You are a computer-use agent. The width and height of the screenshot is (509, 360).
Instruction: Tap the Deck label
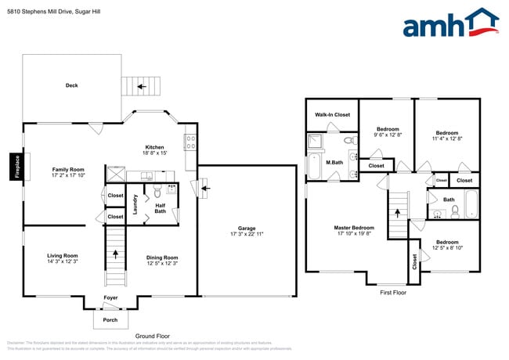click(71, 85)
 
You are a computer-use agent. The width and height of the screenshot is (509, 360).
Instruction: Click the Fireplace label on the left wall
click(16, 166)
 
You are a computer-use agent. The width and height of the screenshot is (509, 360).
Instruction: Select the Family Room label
click(68, 169)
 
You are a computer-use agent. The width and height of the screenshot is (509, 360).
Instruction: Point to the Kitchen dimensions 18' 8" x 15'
click(154, 154)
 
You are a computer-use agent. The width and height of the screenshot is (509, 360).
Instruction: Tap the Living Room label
click(62, 255)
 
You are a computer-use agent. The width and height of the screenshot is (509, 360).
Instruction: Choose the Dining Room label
click(162, 257)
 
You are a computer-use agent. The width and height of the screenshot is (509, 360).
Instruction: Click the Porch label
click(110, 319)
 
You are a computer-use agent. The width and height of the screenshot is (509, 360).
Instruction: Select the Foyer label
click(110, 297)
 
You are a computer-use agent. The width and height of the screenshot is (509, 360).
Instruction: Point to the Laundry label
click(135, 204)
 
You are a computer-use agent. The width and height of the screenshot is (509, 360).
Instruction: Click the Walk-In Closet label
click(332, 114)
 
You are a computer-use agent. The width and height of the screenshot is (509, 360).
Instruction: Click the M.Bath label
click(334, 162)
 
